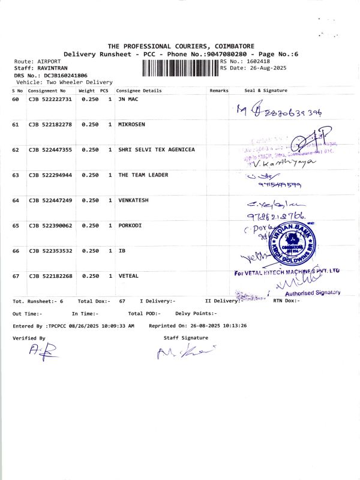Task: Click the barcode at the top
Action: (181, 68)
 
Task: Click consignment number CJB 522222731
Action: (50, 99)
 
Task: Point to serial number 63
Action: (16, 175)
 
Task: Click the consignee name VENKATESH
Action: (133, 200)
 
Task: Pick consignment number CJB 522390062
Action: (50, 225)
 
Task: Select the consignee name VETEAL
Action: (128, 276)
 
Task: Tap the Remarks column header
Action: (219, 91)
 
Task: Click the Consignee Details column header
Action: (139, 91)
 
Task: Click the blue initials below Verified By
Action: (43, 353)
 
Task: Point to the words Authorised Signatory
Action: (313, 293)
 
